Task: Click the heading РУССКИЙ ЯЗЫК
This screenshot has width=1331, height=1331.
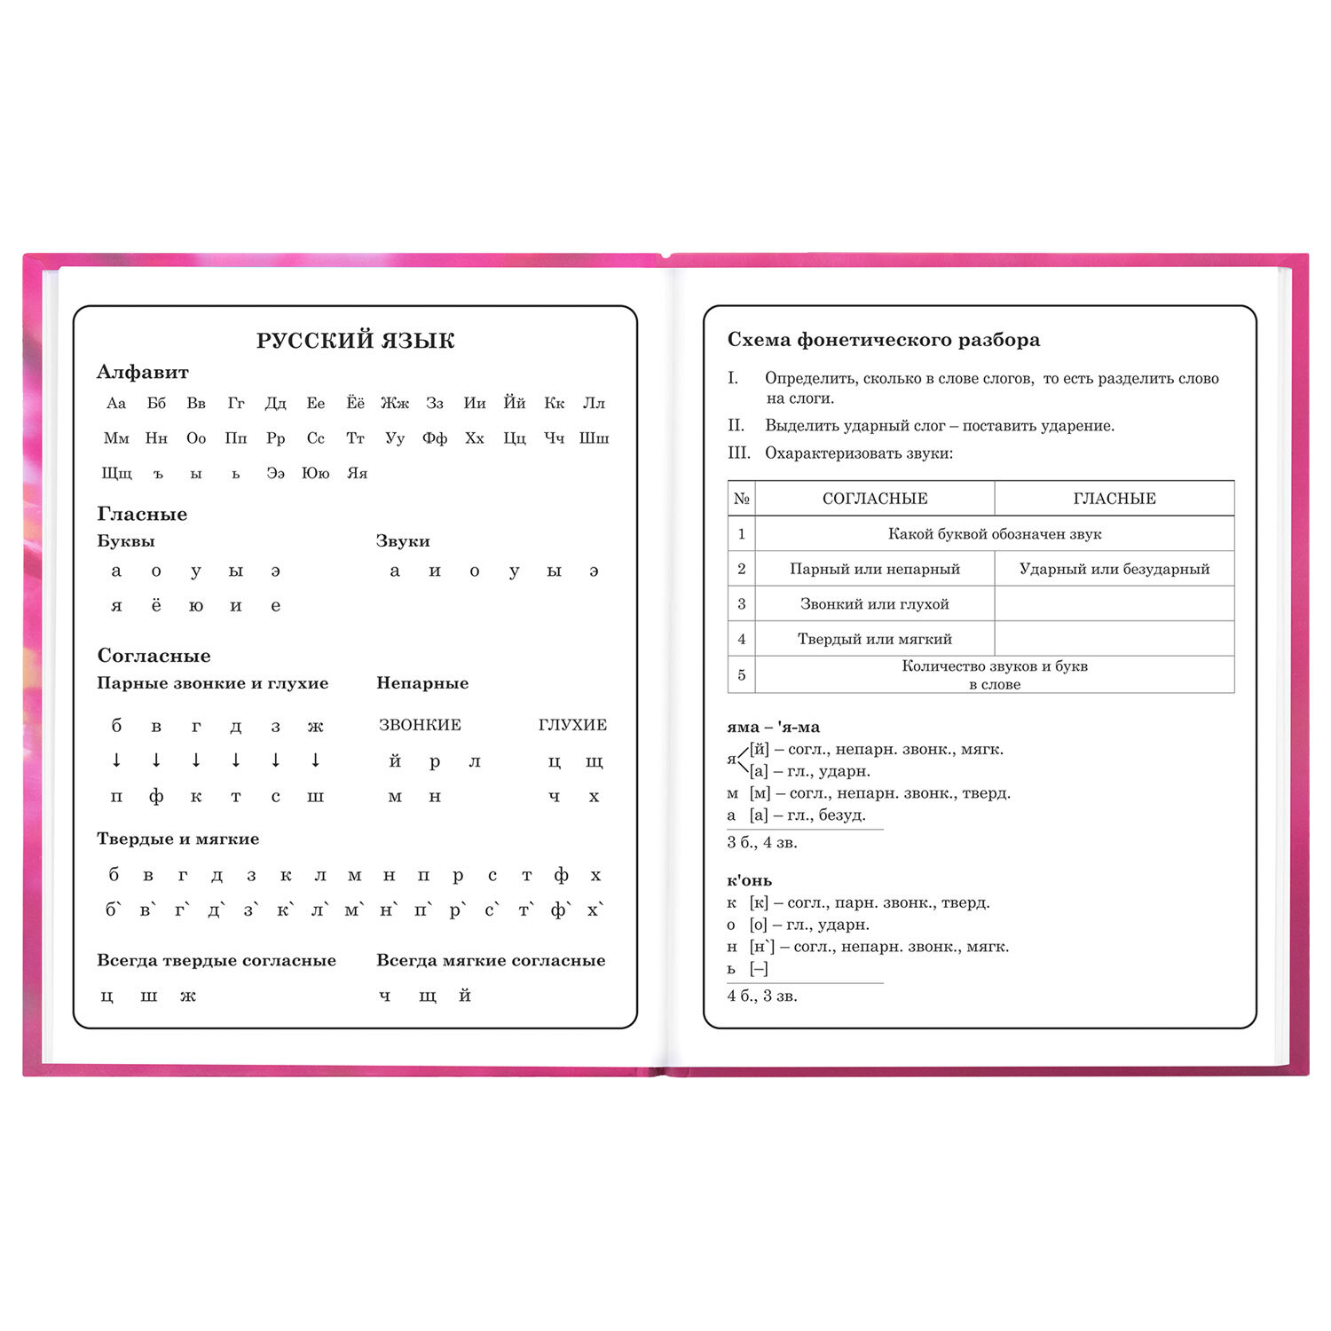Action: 355,341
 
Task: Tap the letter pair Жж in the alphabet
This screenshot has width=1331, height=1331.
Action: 395,404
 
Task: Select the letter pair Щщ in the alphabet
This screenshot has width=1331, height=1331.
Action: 116,474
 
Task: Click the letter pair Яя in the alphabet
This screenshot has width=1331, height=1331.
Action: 357,474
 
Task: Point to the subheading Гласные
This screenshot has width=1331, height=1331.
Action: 142,515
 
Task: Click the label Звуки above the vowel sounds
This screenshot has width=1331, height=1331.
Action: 403,541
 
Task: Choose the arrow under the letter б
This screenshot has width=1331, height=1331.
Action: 116,760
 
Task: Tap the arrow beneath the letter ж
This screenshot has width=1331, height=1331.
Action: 315,760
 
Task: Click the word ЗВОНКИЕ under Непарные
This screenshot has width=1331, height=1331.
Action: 420,725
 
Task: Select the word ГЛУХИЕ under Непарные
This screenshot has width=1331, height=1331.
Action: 572,725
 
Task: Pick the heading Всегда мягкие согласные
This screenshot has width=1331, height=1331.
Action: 491,961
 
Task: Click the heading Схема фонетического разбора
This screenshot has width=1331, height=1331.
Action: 884,340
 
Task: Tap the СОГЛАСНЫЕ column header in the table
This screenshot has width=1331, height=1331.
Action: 875,499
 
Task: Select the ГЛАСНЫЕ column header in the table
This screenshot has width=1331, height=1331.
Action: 1114,499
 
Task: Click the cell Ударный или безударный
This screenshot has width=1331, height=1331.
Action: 1114,569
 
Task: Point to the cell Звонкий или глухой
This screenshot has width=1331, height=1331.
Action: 875,604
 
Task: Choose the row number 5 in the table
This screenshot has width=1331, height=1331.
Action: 742,675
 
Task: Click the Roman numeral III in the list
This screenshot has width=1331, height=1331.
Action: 739,453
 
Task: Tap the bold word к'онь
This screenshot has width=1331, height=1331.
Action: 750,881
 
